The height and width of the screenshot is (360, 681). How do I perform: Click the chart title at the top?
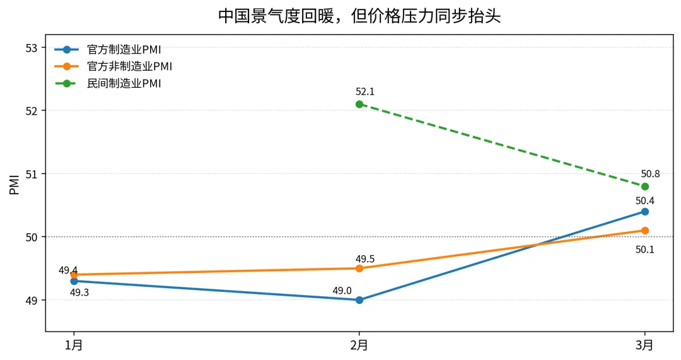(x=359, y=16)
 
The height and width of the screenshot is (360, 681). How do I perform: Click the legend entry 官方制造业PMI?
(x=124, y=50)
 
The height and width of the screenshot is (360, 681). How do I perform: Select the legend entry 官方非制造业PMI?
(x=129, y=66)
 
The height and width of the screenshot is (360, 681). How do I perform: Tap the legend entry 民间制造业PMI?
(x=124, y=83)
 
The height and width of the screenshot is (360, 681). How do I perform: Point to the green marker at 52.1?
(x=359, y=104)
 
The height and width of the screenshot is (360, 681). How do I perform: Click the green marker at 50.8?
(x=644, y=187)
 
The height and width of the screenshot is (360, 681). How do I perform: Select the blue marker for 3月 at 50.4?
(x=644, y=212)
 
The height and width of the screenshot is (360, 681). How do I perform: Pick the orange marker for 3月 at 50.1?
(x=644, y=231)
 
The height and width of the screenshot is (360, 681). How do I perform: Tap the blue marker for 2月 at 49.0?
(x=359, y=300)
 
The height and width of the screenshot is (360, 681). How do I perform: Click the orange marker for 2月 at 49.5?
(x=359, y=269)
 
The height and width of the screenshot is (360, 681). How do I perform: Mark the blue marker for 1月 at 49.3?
(x=74, y=281)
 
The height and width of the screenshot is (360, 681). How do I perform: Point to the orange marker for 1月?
(x=74, y=275)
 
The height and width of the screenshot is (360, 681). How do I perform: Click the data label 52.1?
(x=365, y=92)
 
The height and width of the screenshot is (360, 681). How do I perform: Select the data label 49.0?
(x=342, y=291)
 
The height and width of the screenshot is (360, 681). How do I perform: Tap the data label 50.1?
(x=644, y=250)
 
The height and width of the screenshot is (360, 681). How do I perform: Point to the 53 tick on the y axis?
(x=33, y=48)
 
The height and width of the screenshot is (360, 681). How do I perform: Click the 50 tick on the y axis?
(x=33, y=237)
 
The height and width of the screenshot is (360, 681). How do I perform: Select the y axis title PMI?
(x=15, y=185)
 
